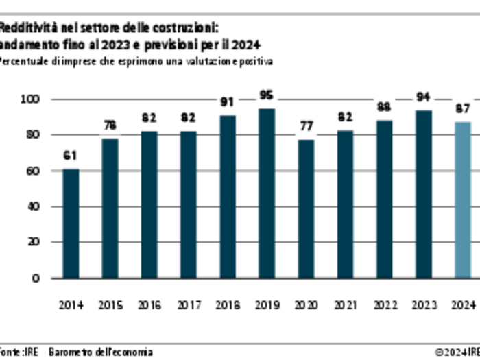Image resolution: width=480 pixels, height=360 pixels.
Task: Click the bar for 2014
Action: (x=71, y=224)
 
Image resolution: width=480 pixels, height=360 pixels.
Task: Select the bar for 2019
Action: (x=267, y=193)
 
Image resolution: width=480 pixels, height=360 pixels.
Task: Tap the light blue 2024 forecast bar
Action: (x=463, y=200)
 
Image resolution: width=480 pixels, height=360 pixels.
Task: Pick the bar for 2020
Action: (x=306, y=209)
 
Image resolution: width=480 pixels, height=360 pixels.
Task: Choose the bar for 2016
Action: (x=149, y=204)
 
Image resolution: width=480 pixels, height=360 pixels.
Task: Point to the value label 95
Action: (x=267, y=95)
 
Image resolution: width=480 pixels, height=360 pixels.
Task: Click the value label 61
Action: (x=71, y=156)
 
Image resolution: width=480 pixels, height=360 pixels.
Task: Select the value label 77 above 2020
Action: (x=306, y=126)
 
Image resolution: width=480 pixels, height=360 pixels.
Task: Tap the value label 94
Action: (x=424, y=97)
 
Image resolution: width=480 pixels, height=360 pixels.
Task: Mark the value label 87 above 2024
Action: (x=463, y=109)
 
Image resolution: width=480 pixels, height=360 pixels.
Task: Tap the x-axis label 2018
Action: (x=228, y=305)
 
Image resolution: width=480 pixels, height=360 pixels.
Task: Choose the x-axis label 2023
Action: (x=424, y=305)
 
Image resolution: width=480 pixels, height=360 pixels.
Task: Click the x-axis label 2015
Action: (x=110, y=305)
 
